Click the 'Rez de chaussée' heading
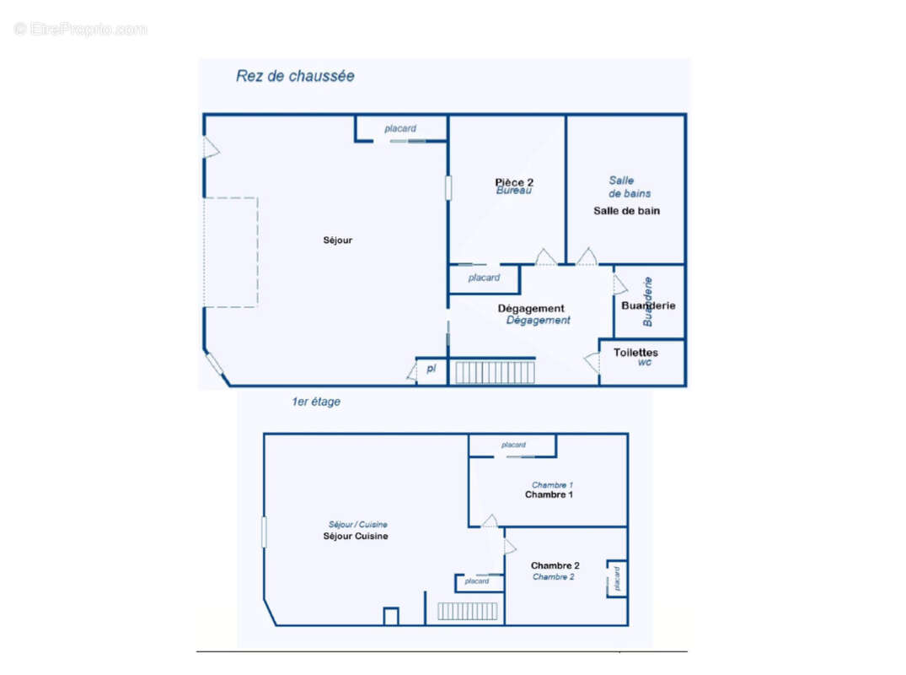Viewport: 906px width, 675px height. [x=295, y=76]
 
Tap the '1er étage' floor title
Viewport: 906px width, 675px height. [x=311, y=402]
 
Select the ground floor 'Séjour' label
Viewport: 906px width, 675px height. [x=338, y=240]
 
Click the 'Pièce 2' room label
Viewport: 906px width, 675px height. [x=514, y=181]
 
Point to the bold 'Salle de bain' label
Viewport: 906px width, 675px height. [x=626, y=211]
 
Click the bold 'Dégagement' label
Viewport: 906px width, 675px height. [x=531, y=309]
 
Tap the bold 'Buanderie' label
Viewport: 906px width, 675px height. [x=648, y=306]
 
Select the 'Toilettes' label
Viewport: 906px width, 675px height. [x=636, y=352]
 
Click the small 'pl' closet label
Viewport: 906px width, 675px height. [x=431, y=369]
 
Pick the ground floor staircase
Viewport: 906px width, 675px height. [x=495, y=372]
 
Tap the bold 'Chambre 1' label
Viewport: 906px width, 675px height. [x=549, y=495]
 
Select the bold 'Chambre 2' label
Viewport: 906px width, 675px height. [x=555, y=565]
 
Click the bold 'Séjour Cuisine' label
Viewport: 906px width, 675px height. [x=356, y=537]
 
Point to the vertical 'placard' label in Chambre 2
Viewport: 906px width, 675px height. [x=617, y=578]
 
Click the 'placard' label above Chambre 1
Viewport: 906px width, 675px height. [x=513, y=445]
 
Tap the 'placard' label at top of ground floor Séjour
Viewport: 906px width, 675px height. [x=400, y=129]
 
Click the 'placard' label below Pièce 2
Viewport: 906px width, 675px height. [x=484, y=278]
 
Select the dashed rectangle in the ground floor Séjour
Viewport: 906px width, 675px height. [x=230, y=252]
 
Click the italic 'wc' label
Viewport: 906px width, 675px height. [x=645, y=363]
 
